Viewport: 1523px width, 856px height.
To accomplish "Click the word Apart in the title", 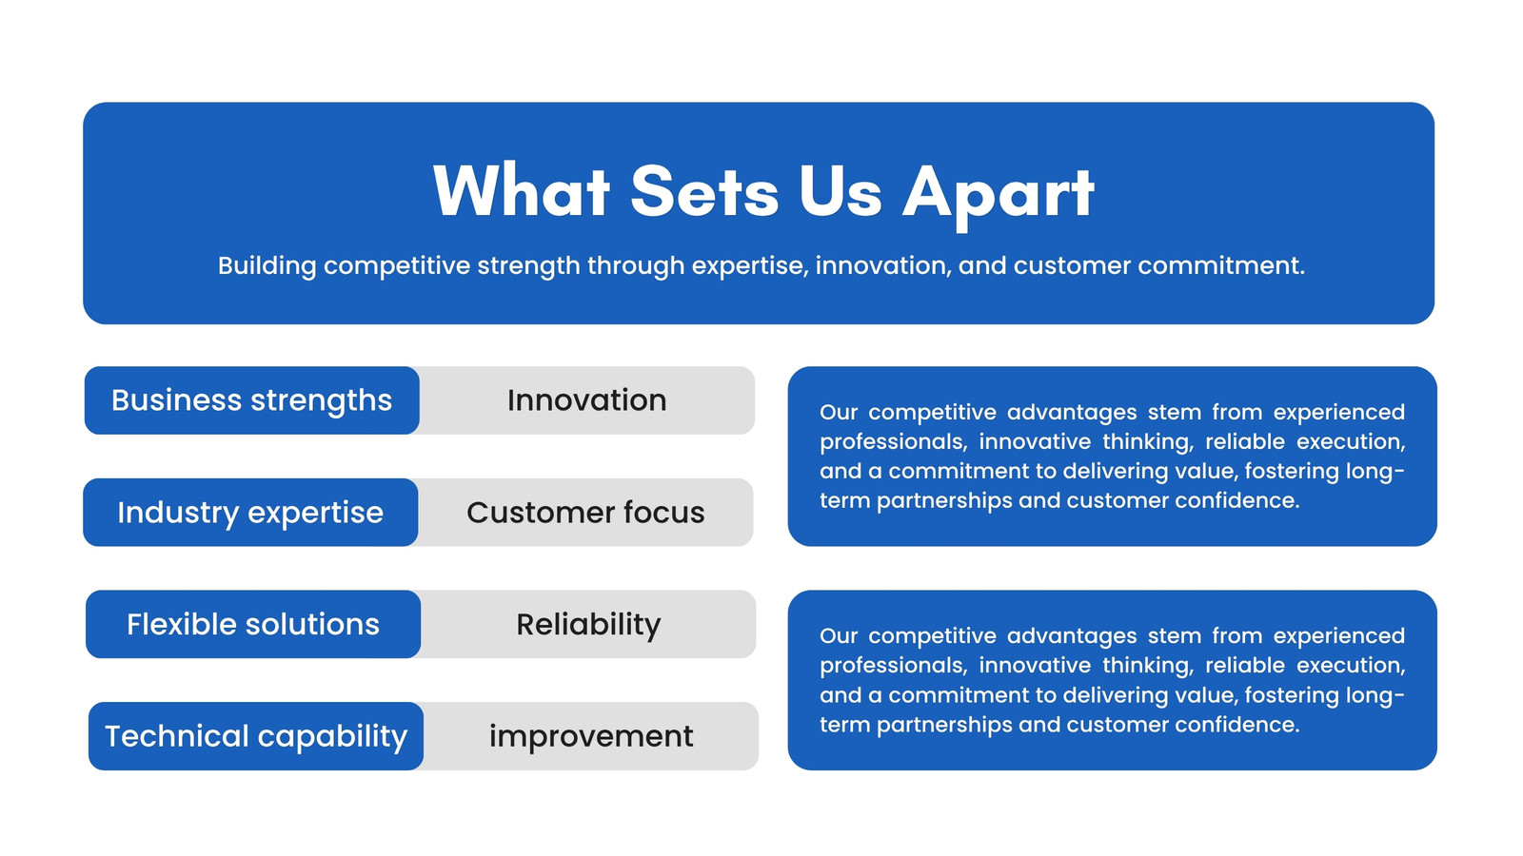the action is (x=999, y=194).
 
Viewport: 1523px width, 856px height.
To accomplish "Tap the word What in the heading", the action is (x=521, y=191).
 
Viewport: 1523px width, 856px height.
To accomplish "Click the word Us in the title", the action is (x=841, y=191).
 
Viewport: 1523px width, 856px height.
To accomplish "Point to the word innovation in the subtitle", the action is (x=881, y=265).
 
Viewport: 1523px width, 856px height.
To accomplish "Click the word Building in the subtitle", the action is (x=267, y=265).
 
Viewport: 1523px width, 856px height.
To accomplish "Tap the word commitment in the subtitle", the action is (x=1221, y=265).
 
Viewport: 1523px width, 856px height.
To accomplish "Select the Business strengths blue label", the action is (x=251, y=400).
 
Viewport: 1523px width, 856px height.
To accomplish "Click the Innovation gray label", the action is (x=586, y=400).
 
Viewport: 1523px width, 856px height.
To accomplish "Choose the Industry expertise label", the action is (x=250, y=513).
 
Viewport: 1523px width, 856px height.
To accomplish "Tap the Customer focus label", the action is (x=585, y=513).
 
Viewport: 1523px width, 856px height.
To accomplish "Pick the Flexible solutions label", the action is (x=253, y=624).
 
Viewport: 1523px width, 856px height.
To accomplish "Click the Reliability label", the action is (x=588, y=624).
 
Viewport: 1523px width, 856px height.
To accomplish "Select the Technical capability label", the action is (x=256, y=736).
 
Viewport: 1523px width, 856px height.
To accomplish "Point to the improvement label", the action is (x=591, y=736).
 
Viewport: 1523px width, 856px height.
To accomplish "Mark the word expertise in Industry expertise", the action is (x=315, y=514).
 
